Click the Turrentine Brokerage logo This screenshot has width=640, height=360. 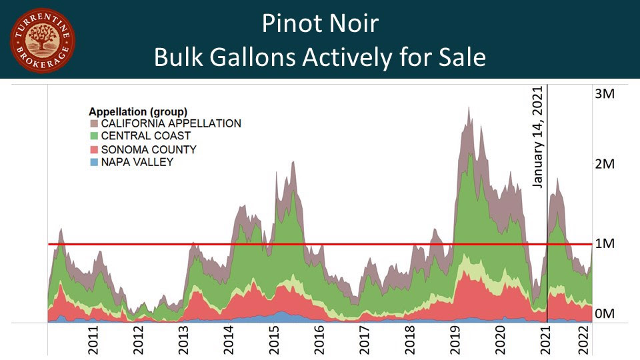(42, 41)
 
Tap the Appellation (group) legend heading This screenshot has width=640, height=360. (138, 111)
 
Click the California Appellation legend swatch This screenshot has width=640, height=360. (93, 123)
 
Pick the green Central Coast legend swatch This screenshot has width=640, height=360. (93, 136)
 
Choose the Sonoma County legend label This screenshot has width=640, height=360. (149, 149)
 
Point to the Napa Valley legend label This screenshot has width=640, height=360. (137, 162)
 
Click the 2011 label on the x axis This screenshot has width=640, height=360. (93, 339)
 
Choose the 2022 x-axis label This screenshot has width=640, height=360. (582, 339)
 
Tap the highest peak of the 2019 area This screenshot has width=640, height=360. (469, 107)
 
